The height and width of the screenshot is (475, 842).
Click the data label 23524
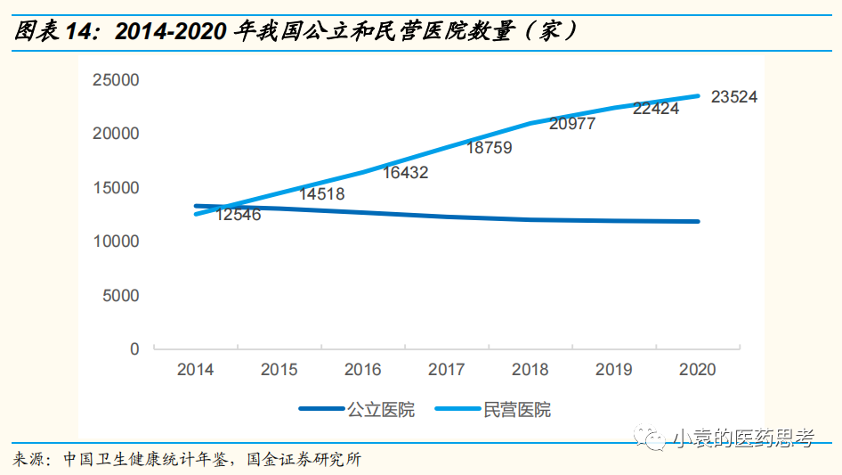pos(733,97)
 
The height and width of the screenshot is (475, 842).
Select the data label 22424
pos(656,109)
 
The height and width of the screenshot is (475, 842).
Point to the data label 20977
pos(571,125)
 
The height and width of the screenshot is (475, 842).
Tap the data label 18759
pos(489,148)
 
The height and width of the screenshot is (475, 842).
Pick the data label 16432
pos(405,173)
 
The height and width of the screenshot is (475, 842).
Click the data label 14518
pos(321,193)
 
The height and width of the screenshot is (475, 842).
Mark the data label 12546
pos(238,215)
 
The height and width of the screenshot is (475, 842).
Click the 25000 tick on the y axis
pos(116,80)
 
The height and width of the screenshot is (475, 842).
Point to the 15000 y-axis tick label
pos(116,188)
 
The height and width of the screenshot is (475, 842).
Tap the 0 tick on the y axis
pos(135,349)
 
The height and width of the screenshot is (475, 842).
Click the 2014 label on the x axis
pos(195,370)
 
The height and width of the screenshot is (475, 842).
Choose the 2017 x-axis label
pos(446,370)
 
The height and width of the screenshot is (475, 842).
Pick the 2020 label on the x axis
pos(697,370)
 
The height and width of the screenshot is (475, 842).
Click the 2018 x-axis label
pos(530,370)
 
